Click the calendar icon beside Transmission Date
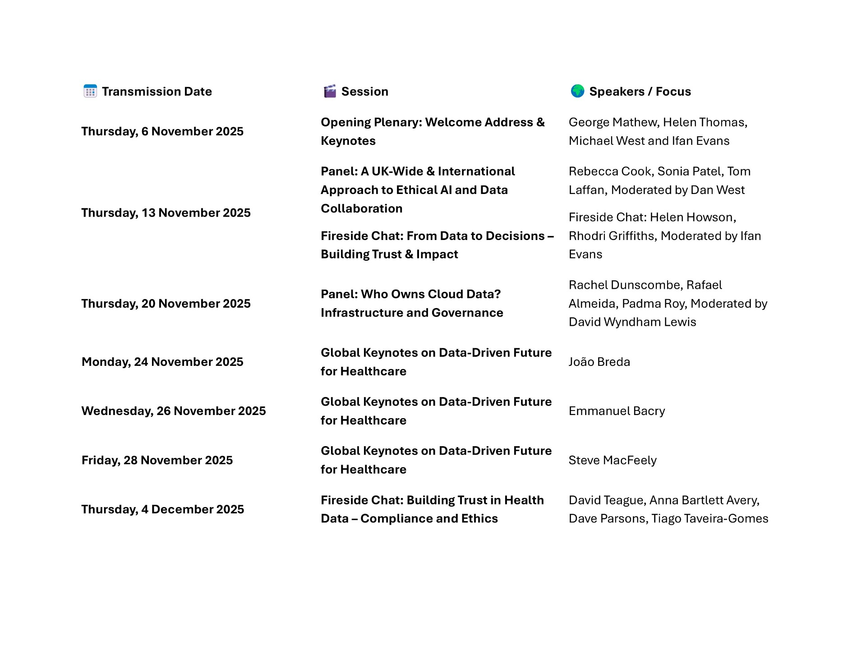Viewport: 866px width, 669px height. [90, 91]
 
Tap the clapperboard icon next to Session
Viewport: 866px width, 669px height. [330, 91]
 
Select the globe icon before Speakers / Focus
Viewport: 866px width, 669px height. [577, 91]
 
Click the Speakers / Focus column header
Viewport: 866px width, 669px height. [640, 92]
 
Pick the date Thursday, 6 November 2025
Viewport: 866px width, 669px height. [162, 131]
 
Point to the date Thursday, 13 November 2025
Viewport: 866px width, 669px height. [166, 213]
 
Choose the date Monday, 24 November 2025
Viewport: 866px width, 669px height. [162, 362]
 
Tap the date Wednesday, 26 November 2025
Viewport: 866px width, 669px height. [174, 411]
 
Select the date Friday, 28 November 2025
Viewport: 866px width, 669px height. [157, 460]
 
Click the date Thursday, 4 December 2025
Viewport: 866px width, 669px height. [162, 509]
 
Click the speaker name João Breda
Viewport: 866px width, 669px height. [599, 362]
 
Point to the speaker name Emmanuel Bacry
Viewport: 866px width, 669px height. [617, 411]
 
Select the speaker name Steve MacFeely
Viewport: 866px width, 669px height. [612, 460]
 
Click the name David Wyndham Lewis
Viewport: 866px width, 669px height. [632, 322]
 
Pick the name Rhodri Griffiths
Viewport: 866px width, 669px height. [611, 236]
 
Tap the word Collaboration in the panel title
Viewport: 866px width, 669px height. [361, 208]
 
